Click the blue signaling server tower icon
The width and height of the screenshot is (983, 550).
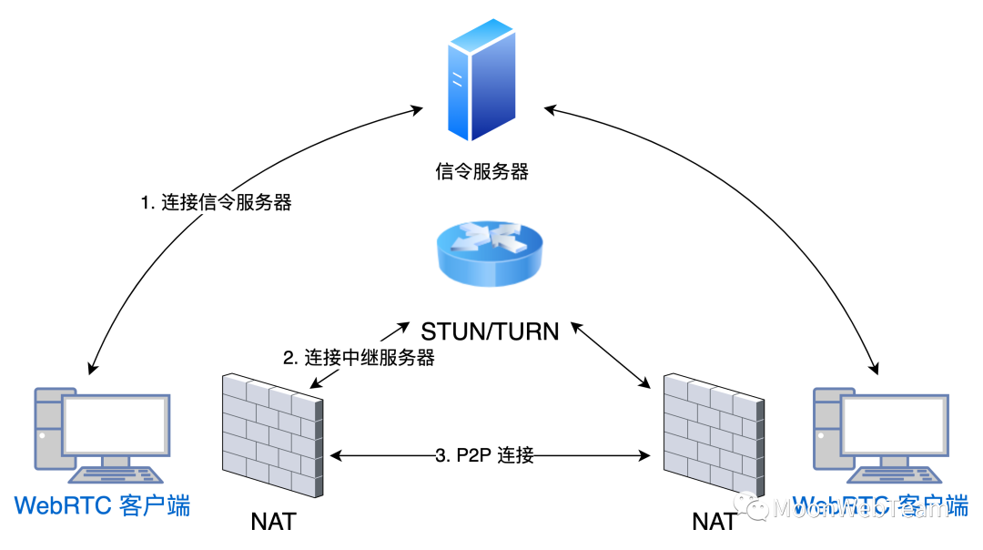(481, 79)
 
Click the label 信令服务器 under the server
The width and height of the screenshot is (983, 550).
(481, 171)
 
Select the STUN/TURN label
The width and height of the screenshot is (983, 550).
(490, 331)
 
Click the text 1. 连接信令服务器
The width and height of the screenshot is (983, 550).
(216, 202)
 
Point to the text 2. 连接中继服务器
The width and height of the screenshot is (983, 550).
(359, 358)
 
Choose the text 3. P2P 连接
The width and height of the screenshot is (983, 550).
(484, 455)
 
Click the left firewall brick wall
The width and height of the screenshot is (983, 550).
(272, 435)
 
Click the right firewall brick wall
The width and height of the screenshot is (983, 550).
(713, 435)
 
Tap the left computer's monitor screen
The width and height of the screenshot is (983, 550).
(115, 427)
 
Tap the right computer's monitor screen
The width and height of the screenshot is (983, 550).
(894, 425)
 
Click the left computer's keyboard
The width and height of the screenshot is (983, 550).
(118, 474)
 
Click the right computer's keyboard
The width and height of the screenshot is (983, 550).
(896, 474)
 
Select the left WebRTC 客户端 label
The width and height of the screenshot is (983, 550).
(102, 505)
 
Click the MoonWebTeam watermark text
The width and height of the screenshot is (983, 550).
(860, 508)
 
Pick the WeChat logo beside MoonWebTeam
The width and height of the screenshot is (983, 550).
(751, 505)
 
